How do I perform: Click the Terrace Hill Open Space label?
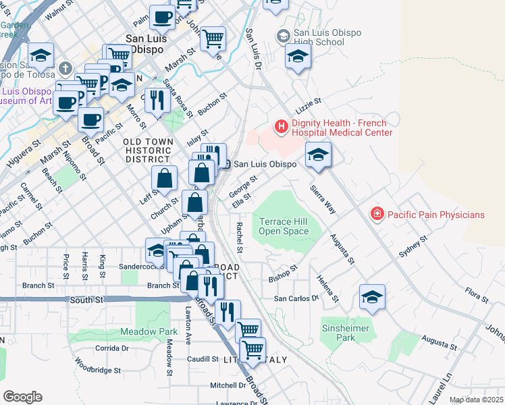[284, 226]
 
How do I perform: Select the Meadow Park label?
[149, 331]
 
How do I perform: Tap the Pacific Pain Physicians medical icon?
[377, 215]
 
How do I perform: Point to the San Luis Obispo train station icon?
[228, 164]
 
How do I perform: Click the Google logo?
[22, 396]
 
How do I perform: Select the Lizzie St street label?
[308, 105]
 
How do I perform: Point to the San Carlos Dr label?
[295, 298]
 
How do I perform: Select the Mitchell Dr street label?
[228, 385]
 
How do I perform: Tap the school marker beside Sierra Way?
[318, 155]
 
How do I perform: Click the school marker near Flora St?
[372, 296]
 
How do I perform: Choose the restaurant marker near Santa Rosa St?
[157, 100]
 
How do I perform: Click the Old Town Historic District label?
[149, 150]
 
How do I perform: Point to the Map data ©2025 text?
[477, 400]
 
